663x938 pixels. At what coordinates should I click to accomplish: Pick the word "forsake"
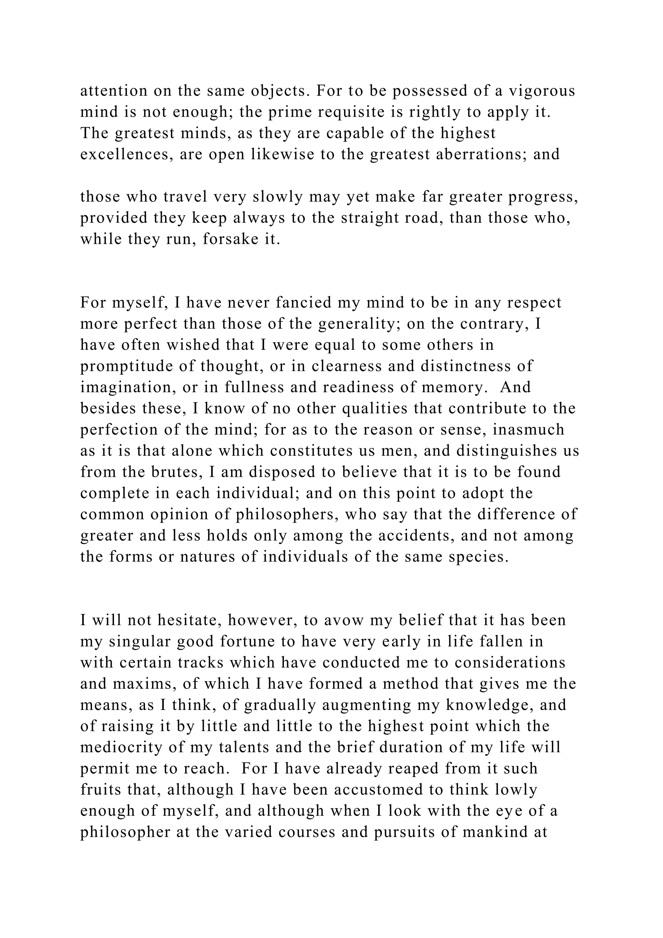(x=229, y=239)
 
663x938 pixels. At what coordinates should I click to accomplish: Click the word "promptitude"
(x=127, y=366)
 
